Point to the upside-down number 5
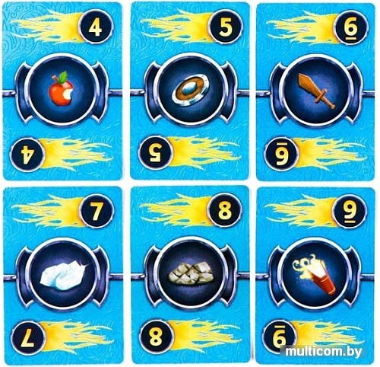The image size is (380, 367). (156, 153)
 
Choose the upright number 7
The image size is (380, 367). (97, 211)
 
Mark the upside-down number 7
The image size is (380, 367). (27, 338)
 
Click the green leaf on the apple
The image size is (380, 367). (63, 75)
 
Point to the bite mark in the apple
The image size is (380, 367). (68, 94)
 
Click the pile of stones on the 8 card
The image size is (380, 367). (192, 273)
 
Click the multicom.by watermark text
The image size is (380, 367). (323, 352)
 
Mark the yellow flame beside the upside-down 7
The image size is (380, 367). (76, 337)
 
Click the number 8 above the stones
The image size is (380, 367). (225, 211)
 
